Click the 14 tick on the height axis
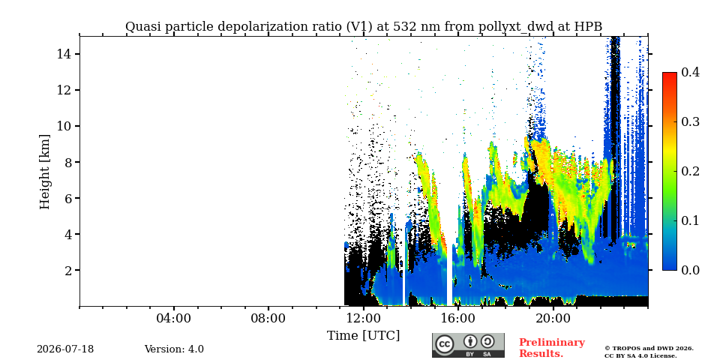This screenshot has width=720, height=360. [63, 54]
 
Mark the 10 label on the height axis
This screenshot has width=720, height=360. [63, 126]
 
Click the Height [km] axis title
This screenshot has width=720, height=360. [44, 172]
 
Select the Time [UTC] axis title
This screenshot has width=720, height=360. [363, 336]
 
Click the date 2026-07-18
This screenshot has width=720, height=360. [65, 349]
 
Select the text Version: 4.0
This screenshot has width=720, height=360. [174, 349]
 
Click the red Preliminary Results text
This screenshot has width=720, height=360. [552, 348]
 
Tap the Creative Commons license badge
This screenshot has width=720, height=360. [468, 345]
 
